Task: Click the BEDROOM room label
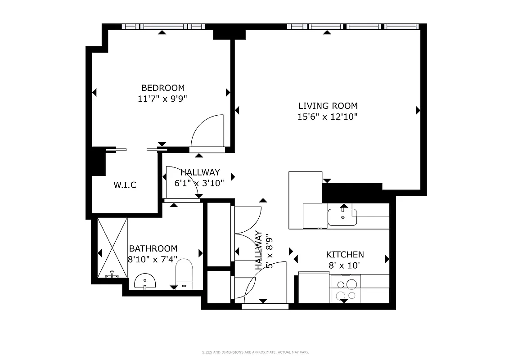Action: tap(163, 88)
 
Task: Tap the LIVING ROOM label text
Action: tap(328, 106)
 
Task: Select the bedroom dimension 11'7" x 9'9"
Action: tap(162, 99)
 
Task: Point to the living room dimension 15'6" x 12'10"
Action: tap(328, 117)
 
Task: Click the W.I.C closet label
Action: tap(125, 185)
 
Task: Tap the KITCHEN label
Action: tap(345, 255)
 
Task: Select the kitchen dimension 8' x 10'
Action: tap(345, 265)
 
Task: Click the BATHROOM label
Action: tap(153, 248)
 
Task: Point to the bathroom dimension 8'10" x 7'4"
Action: tap(153, 259)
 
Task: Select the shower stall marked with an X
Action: tap(113, 247)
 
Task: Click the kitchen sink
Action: tap(342, 217)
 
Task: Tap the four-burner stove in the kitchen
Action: tap(346, 289)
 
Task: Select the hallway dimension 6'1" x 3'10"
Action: tap(199, 183)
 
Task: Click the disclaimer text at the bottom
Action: tap(255, 352)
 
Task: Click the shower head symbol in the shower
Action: tap(111, 274)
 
